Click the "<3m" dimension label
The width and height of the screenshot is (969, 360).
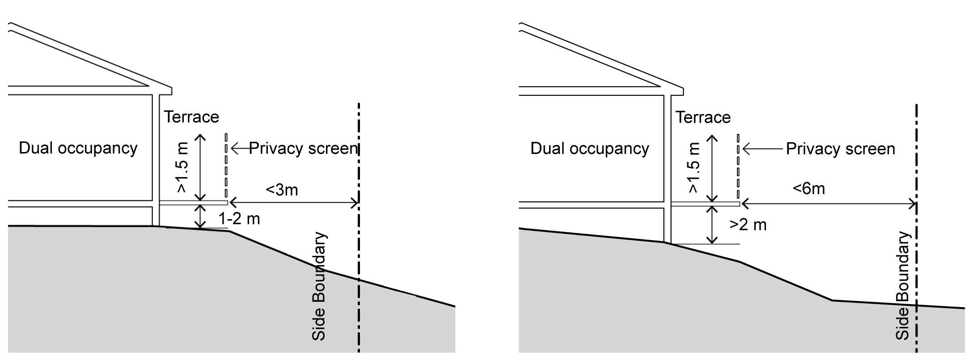pos(282,190)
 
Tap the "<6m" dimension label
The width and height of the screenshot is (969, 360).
pos(808,189)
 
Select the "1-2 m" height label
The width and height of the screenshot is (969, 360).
pos(239,219)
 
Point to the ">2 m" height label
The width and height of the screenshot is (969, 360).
pos(748,224)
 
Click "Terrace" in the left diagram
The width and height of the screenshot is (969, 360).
pos(191,117)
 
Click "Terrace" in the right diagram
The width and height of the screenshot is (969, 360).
pos(703,118)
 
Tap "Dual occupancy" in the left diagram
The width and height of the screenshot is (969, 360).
pos(78,148)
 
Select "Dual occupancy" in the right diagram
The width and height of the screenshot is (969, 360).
pos(589,148)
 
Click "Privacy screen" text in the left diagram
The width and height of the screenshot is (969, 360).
pos(303,148)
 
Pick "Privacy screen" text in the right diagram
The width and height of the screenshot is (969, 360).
pos(840,149)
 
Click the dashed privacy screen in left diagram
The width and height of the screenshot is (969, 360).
pos(227,165)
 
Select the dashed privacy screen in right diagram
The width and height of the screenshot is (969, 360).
pos(738,165)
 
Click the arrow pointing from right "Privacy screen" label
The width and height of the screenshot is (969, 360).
pos(762,149)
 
